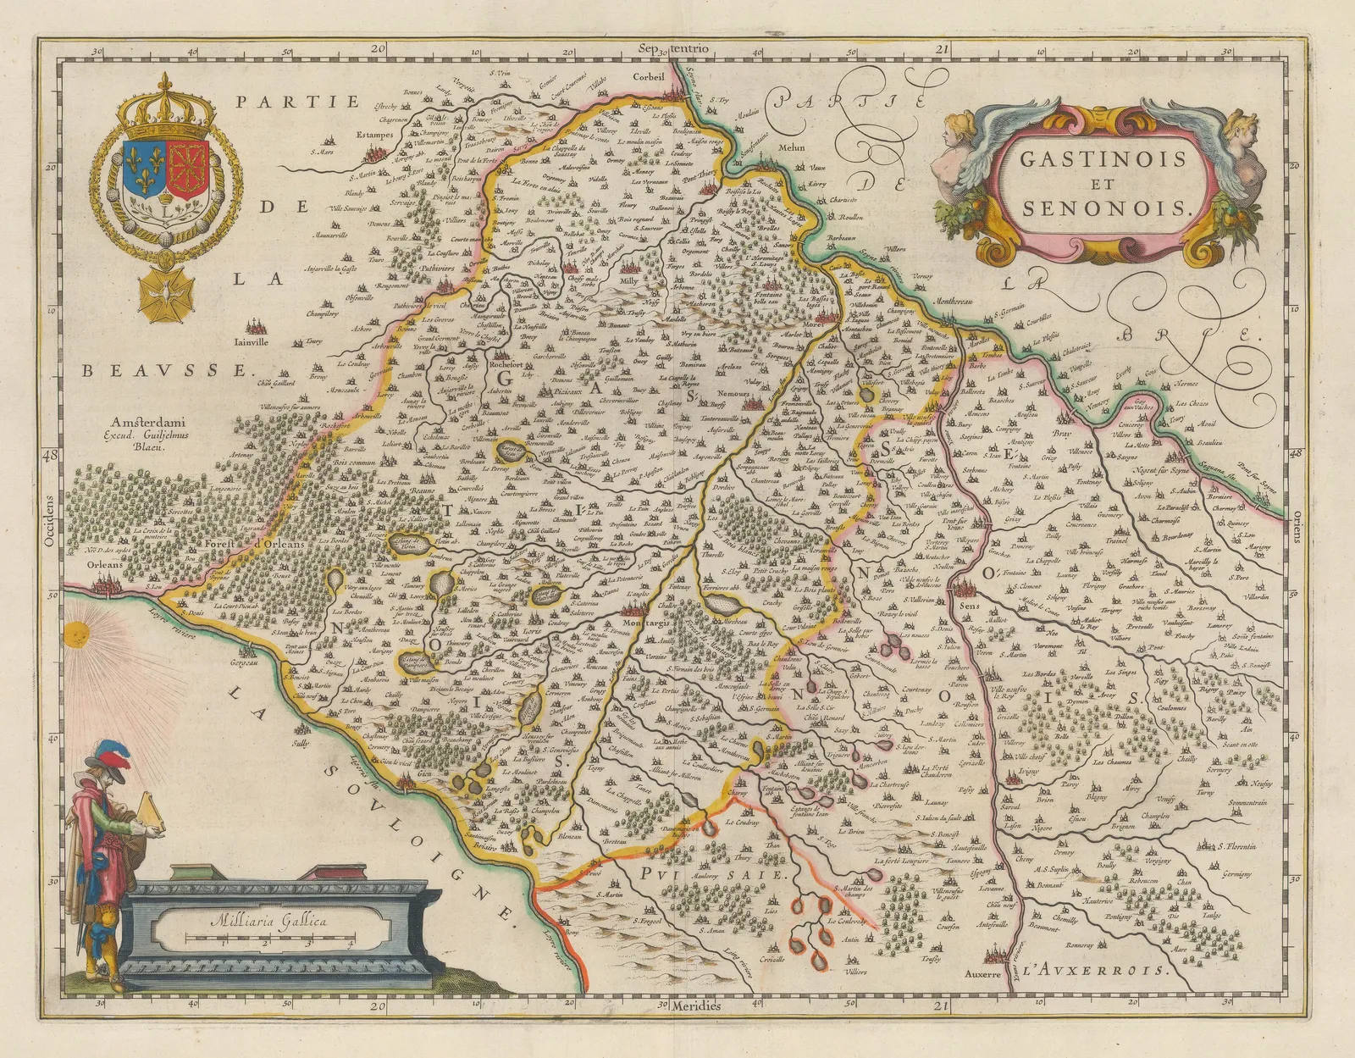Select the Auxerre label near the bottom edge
[x=982, y=973]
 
